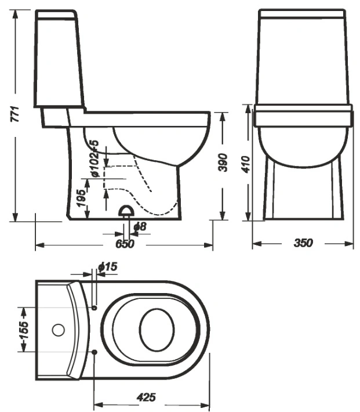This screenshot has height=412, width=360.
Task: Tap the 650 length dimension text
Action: pos(125,244)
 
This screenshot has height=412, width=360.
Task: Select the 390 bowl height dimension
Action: pos(223,162)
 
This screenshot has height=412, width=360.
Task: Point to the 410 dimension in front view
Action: pos(246,164)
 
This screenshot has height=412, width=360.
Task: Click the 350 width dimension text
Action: pos(303,243)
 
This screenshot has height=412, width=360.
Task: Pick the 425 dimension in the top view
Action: pos(146,397)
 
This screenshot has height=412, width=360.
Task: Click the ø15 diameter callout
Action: pos(107,267)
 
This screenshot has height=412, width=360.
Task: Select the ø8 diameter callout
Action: pos(140,226)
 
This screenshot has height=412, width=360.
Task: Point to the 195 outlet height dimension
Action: pos(82,198)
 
